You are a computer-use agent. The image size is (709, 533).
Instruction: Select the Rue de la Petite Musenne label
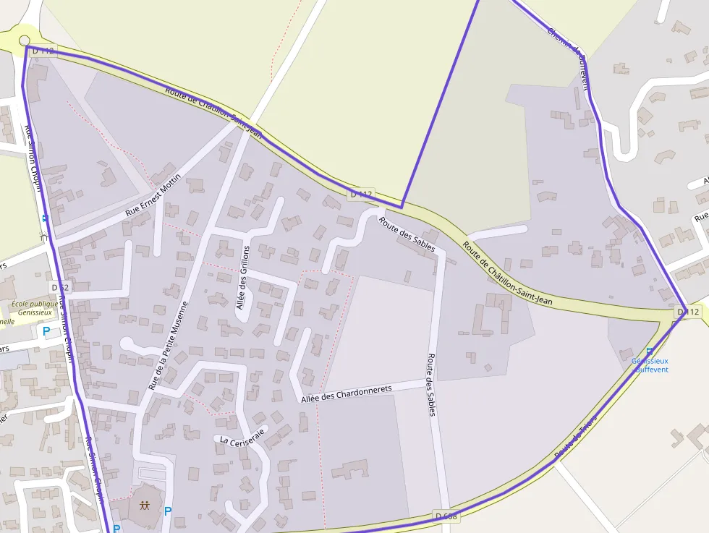(x=168, y=346)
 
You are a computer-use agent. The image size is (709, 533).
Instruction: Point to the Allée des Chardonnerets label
(x=346, y=393)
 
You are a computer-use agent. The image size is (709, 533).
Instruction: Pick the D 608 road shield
(x=446, y=516)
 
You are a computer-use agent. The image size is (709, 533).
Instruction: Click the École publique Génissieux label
(x=32, y=309)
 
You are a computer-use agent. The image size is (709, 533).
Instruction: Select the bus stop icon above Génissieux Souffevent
(x=649, y=351)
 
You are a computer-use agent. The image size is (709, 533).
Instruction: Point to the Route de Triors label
(x=575, y=436)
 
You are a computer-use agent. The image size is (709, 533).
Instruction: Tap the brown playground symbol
(x=145, y=506)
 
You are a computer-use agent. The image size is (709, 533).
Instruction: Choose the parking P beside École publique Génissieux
(x=46, y=331)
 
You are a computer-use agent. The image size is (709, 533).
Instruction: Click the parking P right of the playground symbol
(x=168, y=511)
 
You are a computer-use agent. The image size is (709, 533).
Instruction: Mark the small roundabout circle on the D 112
(x=25, y=40)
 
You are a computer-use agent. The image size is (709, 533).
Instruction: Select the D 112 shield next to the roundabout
(x=43, y=51)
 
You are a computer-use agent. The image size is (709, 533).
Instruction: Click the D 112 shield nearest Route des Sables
(x=361, y=194)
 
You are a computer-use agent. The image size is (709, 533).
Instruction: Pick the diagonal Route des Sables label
(x=407, y=234)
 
